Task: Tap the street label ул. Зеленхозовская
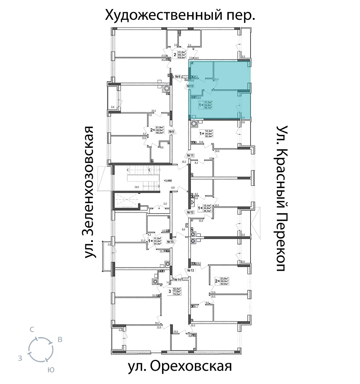pos(91,192)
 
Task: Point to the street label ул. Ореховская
pos(179,367)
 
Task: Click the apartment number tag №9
pos(177,77)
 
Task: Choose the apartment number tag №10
pos(190,86)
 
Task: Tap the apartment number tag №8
pos(171,132)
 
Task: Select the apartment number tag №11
pos(190,155)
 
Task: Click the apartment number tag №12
pos(190,212)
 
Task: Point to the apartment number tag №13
pos(190,270)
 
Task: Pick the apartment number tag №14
pos(177,279)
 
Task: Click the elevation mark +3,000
pos(168,180)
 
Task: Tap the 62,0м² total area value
pos(183,58)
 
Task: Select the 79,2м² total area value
pos(177,294)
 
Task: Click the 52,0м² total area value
pos(226,284)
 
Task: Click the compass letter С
pos(32,329)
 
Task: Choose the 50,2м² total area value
pos(159,132)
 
